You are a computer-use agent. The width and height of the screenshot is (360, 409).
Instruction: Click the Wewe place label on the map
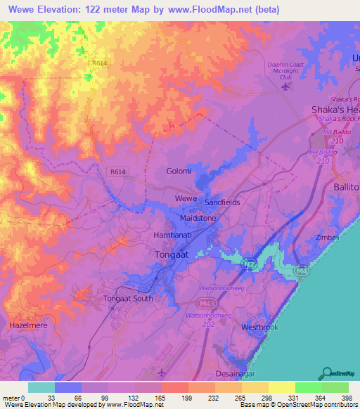point(186,199)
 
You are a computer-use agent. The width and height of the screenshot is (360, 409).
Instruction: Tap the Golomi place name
point(179,171)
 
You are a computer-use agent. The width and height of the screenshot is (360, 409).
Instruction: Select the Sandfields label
point(222,202)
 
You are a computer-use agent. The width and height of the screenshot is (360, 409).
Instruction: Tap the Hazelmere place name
point(29,326)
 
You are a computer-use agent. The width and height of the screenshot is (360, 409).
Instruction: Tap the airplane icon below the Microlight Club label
point(285,86)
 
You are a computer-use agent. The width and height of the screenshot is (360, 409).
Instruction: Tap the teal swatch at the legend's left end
point(41,387)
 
